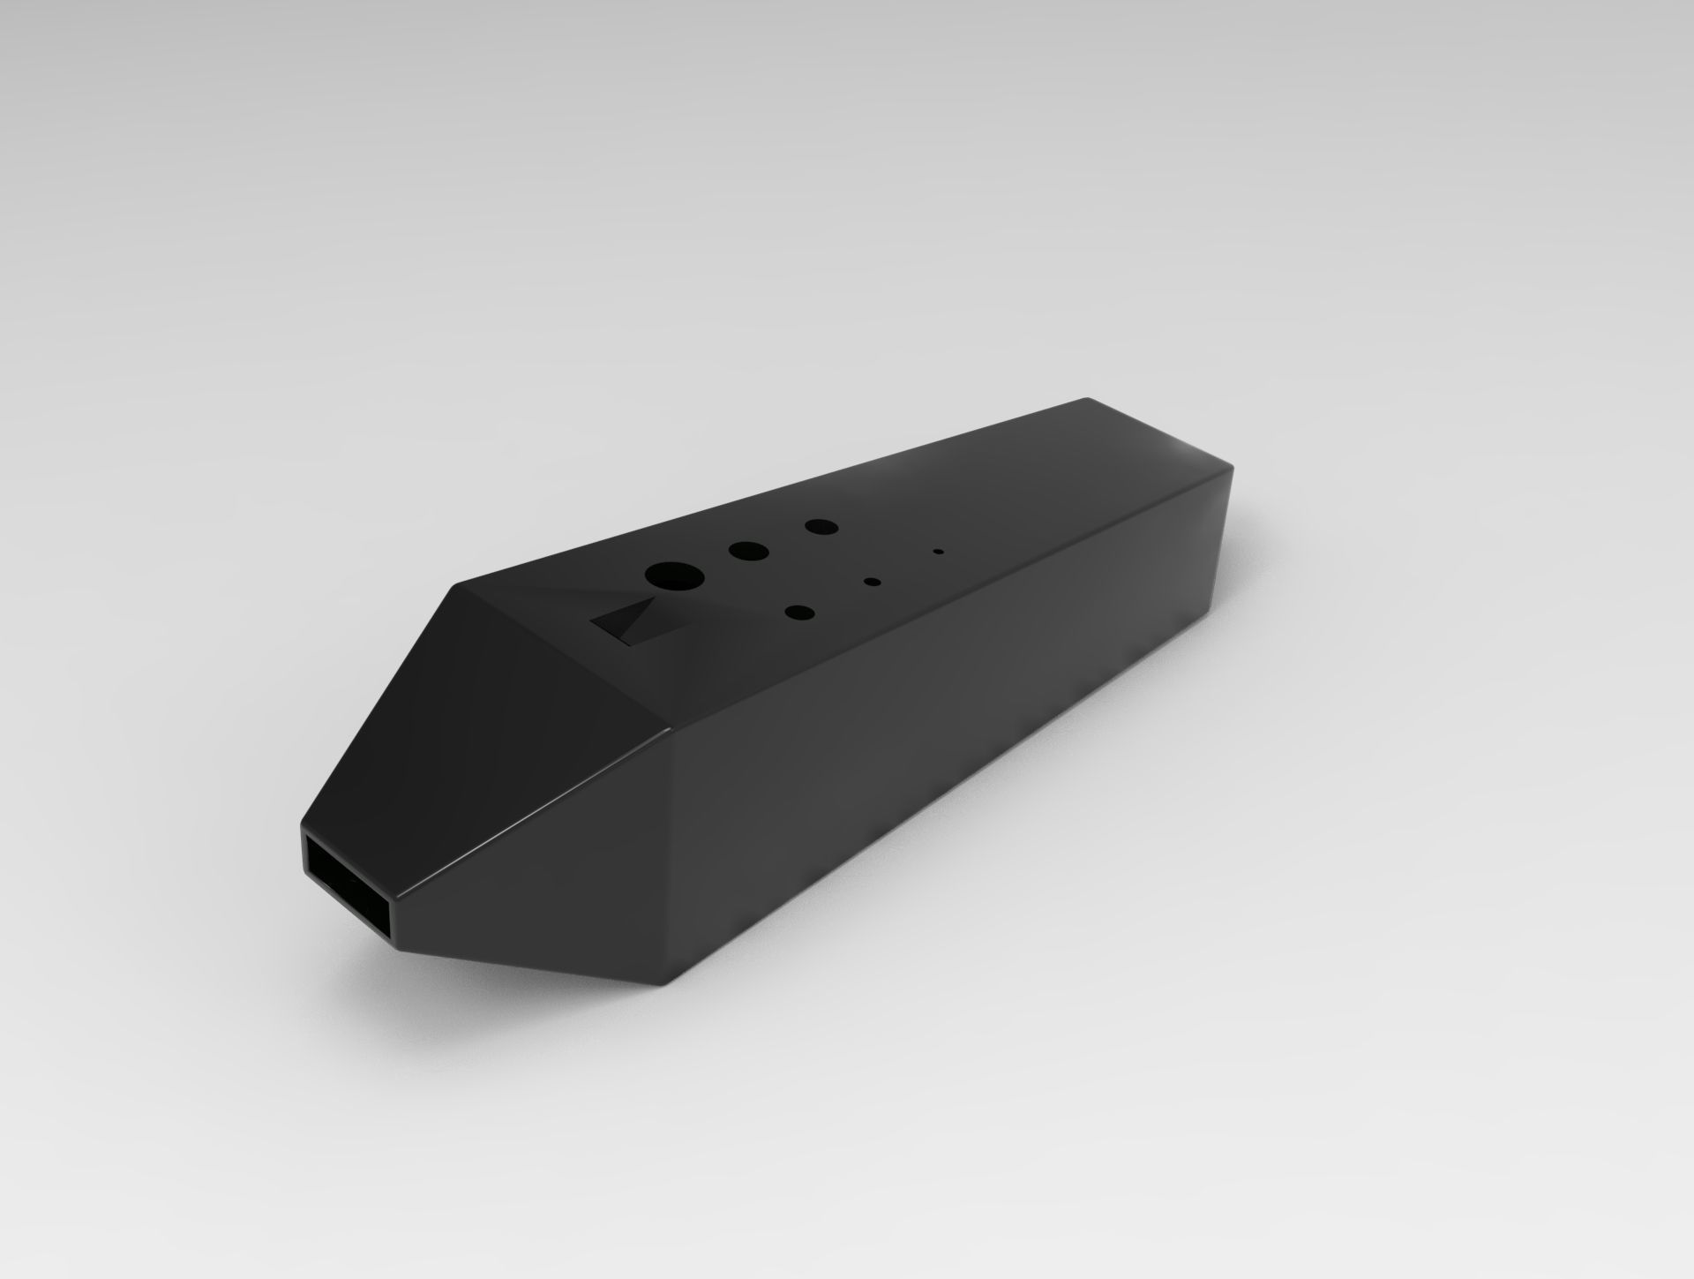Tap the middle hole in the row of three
pos(748,551)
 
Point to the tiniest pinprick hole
pos(938,553)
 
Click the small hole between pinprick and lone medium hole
pos(873,581)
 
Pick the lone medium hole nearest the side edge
pos(799,613)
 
